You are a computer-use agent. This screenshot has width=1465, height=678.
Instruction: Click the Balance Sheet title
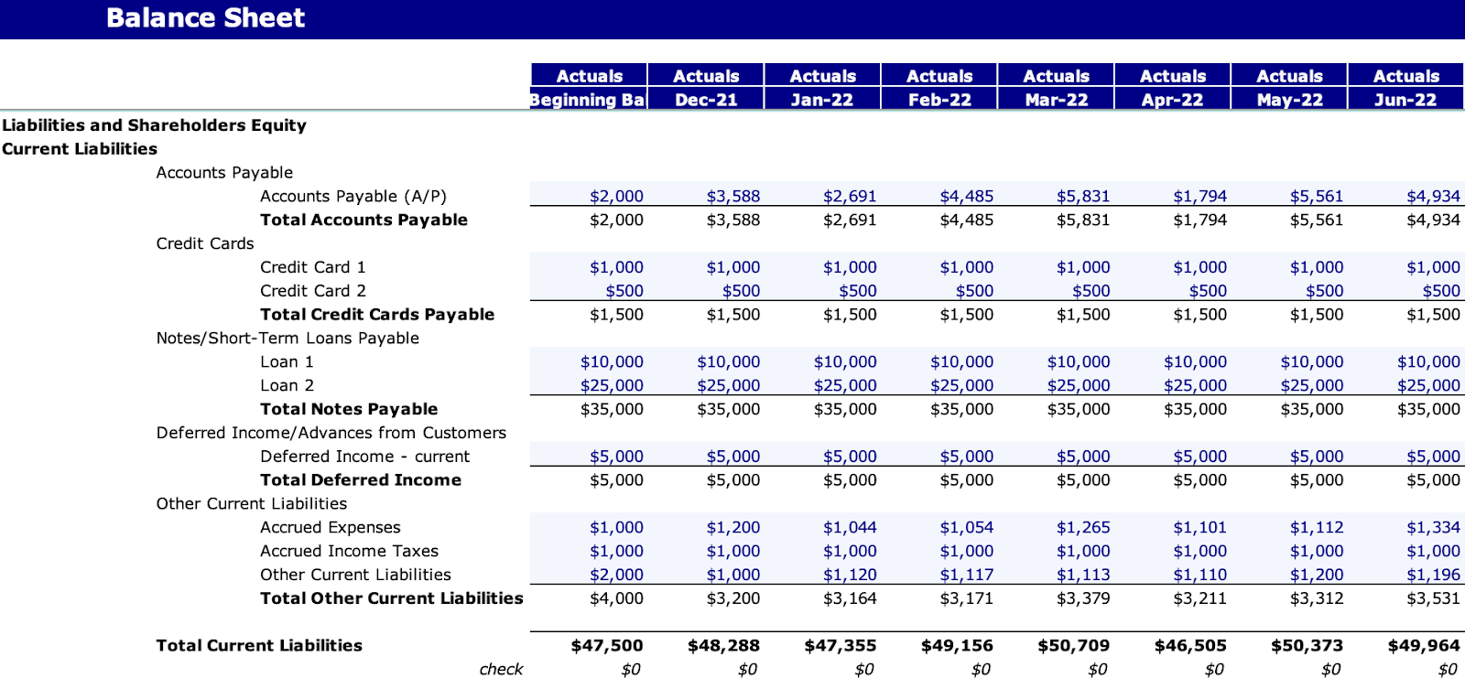(205, 18)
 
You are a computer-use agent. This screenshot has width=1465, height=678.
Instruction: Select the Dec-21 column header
(706, 100)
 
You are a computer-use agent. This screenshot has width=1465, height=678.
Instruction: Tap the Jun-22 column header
(1405, 100)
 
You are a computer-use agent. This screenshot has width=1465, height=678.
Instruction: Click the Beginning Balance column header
(589, 100)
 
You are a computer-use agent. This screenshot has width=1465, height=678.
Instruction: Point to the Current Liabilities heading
(80, 149)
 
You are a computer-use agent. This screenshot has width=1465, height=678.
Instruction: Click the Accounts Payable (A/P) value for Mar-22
(1082, 196)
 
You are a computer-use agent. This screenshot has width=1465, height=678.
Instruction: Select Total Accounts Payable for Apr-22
(1199, 220)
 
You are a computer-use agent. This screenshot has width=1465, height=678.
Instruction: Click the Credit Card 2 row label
(312, 291)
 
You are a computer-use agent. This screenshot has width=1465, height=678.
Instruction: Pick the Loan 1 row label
(287, 361)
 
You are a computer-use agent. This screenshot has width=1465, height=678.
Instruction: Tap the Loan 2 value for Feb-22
(961, 385)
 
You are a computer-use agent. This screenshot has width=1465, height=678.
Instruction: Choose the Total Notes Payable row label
(348, 409)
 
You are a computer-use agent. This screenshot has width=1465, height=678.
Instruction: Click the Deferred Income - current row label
(364, 457)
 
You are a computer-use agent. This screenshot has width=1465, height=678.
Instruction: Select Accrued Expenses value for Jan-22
(849, 527)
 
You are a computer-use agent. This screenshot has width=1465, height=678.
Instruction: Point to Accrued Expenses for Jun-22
(1433, 527)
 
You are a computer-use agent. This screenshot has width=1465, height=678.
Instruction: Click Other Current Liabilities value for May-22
(1317, 575)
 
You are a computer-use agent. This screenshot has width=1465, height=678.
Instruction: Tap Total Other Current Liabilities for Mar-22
(1082, 598)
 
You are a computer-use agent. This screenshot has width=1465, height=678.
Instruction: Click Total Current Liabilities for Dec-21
(723, 646)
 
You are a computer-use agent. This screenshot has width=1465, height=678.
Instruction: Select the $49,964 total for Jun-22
(1424, 646)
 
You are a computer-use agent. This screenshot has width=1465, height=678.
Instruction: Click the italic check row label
(501, 670)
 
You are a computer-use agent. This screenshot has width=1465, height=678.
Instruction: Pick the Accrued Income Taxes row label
(349, 551)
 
